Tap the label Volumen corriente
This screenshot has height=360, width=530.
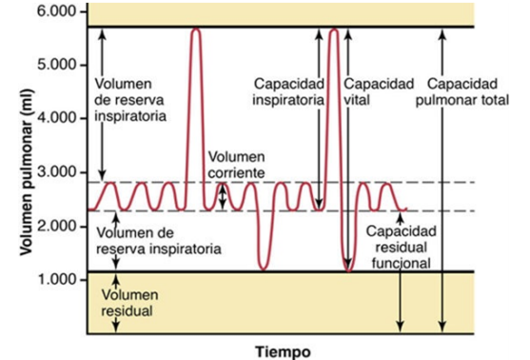coord(237,165)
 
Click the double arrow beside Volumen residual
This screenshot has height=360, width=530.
coord(115,302)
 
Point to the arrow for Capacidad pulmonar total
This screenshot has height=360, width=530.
coord(440,181)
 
